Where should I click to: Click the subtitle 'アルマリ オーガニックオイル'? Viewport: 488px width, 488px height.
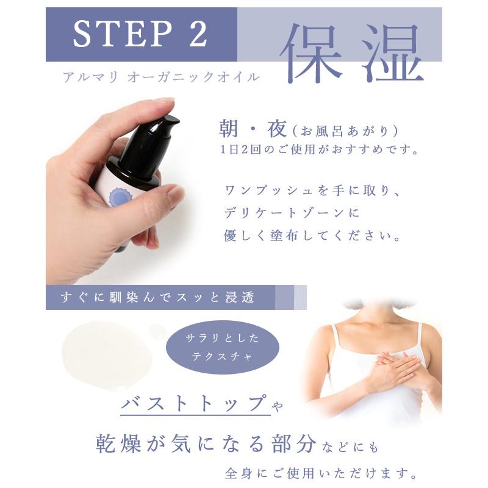click(160, 77)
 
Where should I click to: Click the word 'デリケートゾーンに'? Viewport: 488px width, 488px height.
click(292, 213)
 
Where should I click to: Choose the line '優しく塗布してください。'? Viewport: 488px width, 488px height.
click(313, 237)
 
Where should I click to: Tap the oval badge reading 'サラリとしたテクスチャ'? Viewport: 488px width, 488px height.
click(223, 347)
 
